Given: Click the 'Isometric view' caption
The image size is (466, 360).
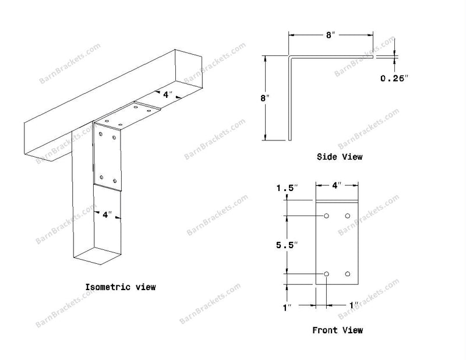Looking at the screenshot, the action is click(121, 287).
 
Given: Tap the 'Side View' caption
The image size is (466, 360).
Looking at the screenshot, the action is click(340, 157).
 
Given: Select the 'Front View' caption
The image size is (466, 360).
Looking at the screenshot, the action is click(337, 330).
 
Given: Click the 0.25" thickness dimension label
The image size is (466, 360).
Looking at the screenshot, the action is click(394, 78).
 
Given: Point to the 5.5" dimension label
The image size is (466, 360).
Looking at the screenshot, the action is click(287, 245).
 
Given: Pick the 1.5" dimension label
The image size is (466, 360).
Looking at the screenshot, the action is click(287, 188).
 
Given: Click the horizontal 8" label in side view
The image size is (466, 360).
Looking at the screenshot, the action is click(330, 35).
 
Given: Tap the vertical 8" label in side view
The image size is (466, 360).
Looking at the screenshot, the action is click(264, 98).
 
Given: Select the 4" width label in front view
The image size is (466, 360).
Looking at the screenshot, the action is click(337, 185).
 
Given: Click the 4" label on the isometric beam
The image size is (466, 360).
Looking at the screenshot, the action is click(168, 94).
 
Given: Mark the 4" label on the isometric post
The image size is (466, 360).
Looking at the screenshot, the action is click(107, 214).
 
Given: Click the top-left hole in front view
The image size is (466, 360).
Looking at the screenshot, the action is click(326, 216).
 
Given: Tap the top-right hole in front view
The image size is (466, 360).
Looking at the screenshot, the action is click(348, 216).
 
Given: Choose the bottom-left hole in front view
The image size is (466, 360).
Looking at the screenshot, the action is click(326, 274).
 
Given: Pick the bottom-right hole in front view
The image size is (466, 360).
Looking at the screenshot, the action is click(348, 274).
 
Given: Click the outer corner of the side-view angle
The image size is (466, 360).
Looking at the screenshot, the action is click(289, 55).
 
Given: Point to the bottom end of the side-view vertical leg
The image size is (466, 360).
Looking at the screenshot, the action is click(290, 140).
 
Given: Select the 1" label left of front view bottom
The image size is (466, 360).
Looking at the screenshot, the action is click(287, 308).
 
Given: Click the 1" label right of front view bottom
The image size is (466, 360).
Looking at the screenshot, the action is click(354, 305).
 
